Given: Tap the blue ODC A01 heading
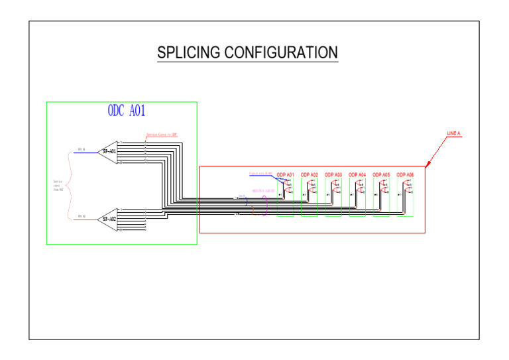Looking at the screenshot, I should click(126, 111).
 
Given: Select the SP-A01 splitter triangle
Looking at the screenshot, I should click(108, 151).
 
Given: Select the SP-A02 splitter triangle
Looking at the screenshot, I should click(108, 219).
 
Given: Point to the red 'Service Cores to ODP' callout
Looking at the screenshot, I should click(162, 135).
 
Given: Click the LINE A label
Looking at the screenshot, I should click(453, 134).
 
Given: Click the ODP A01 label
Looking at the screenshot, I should click(285, 175).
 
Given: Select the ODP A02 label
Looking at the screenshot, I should click(309, 175).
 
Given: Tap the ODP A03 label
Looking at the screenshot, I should click(333, 175).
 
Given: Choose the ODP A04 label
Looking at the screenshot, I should click(357, 175).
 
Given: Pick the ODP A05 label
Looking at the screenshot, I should click(381, 175).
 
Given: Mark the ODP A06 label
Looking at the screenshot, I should click(405, 175).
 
